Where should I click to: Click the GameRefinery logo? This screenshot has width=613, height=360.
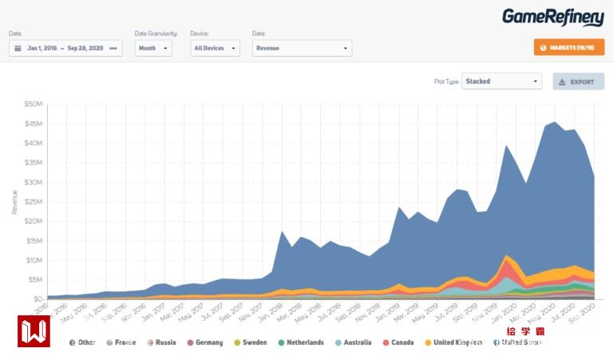552,17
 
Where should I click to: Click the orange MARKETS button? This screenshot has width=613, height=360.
568,48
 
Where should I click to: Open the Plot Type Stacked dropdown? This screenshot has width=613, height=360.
501,81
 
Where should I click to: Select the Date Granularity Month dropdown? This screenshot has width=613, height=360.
153,48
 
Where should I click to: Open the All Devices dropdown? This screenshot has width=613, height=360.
215,48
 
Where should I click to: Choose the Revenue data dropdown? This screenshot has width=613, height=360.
302,48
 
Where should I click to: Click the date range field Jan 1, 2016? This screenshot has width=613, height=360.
65,48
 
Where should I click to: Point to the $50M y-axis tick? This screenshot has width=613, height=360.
34,104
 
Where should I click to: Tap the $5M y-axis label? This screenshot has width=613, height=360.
35,279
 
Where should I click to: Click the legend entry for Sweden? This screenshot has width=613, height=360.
251,342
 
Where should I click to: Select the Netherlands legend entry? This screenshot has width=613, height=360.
301,342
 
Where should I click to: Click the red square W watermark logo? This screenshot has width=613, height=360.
34,330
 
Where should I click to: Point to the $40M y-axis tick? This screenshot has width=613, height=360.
34,143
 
